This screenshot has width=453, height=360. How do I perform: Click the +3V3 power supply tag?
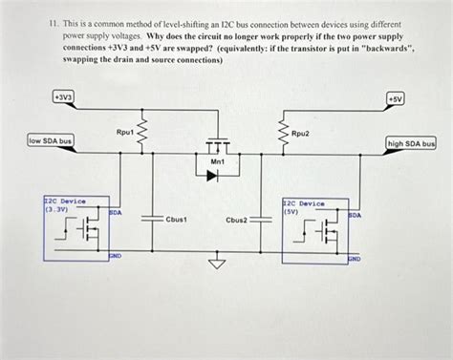click(x=64, y=97)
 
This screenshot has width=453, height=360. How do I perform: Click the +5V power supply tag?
click(x=396, y=97)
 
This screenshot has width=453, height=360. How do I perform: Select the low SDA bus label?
click(x=51, y=142)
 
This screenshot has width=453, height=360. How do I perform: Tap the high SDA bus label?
click(x=411, y=144)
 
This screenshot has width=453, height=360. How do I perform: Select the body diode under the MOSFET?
click(x=215, y=175)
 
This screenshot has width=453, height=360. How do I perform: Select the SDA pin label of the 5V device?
click(x=356, y=216)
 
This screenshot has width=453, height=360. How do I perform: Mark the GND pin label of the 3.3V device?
click(x=114, y=256)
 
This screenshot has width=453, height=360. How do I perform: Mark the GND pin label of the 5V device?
click(x=354, y=258)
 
